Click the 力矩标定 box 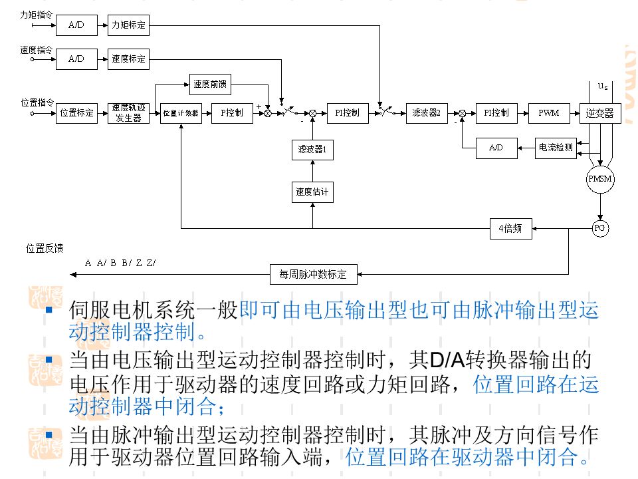(x=128, y=26)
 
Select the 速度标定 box (x=128, y=59)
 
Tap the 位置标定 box (x=76, y=112)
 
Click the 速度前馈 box (x=210, y=84)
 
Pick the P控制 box (x=232, y=112)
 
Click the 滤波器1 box (x=312, y=150)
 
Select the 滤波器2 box (x=426, y=112)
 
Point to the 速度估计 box (x=312, y=192)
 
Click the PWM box (x=548, y=112)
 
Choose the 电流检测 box (x=555, y=148)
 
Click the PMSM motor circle (x=600, y=180)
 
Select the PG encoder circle (x=600, y=228)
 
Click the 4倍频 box (x=510, y=228)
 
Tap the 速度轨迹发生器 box (x=128, y=112)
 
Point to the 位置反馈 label (x=45, y=248)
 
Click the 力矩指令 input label (x=37, y=13)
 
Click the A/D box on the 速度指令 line (x=76, y=59)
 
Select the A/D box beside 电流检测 (x=496, y=148)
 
